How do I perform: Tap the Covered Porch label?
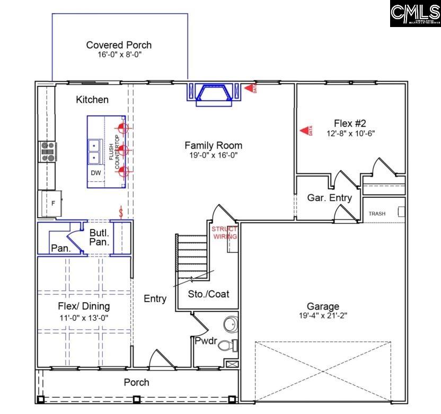119,45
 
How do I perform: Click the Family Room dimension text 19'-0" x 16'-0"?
213,155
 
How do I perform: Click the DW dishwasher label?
95,173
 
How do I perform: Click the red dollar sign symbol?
121,213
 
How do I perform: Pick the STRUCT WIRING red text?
225,233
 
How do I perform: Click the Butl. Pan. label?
99,237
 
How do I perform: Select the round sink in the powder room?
231,323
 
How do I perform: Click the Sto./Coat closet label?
209,294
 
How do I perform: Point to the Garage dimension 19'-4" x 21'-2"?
323,315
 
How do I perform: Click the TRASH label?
377,214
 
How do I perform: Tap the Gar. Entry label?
329,198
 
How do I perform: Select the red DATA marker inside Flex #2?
306,130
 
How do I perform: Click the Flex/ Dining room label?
84,306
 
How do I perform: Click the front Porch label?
136,382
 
